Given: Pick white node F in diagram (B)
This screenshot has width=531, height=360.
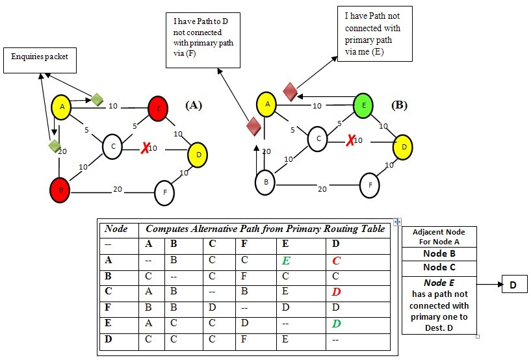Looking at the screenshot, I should [369, 185].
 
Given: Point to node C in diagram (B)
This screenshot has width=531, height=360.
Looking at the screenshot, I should [317, 139].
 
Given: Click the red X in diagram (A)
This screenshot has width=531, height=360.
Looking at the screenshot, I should [145, 149].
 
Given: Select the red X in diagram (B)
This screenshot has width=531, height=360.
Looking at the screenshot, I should [350, 140].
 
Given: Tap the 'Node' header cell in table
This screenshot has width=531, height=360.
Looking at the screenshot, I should [116, 229].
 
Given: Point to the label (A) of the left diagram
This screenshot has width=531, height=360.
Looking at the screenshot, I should [194, 104].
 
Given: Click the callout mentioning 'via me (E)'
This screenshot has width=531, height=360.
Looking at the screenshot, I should [374, 34].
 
